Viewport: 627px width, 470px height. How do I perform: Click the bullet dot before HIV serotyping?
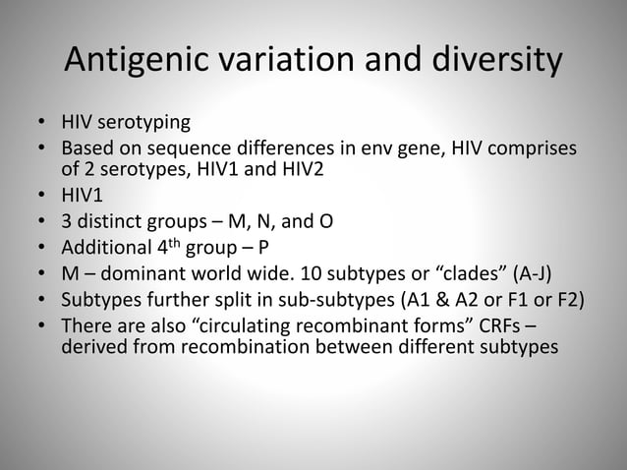(x=41, y=125)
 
